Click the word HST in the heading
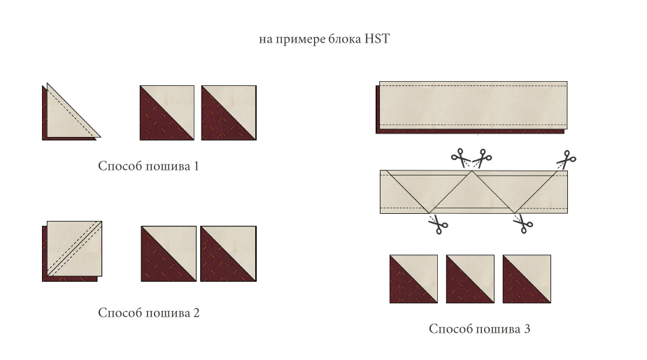377,38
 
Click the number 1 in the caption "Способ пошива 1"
196,166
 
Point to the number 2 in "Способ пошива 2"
197,313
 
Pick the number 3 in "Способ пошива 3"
527,329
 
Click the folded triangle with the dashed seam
71,112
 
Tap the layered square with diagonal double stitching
72,251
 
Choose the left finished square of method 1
166,113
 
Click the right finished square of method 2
228,254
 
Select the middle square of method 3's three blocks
470,279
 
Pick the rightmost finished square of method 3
527,279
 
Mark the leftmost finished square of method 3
413,279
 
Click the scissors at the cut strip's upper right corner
567,159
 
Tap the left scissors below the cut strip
438,224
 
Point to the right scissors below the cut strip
523,224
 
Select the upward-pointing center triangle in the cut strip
471,196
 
